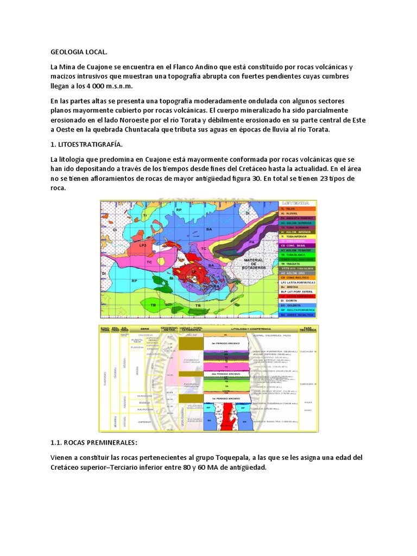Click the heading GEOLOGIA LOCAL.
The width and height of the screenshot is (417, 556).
[79, 52]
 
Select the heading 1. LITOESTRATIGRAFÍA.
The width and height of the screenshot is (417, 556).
[87, 144]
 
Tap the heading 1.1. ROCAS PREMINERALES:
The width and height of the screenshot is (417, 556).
[94, 443]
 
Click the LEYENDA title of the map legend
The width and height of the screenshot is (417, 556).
[298, 203]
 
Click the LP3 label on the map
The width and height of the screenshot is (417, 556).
[144, 245]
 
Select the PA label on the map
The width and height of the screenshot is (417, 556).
[251, 241]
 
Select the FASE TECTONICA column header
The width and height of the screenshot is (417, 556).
[307, 330]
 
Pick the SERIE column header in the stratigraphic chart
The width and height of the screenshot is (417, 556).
[144, 330]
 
